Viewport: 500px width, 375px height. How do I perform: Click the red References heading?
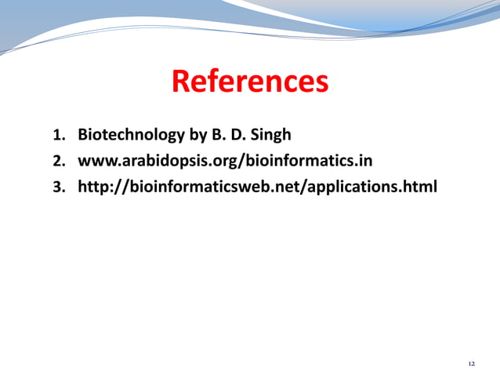250,81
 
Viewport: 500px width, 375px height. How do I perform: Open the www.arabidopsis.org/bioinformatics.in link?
224,161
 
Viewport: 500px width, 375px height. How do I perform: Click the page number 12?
471,364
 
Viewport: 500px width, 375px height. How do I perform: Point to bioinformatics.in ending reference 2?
312,161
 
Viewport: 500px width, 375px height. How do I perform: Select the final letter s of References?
321,82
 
